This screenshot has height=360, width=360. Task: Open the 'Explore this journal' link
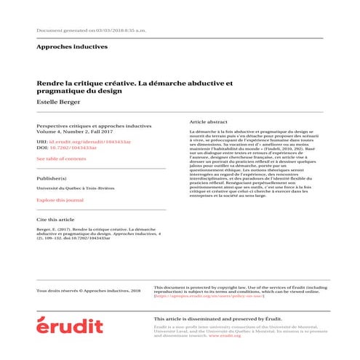click(60, 199)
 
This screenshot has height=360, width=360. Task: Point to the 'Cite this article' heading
click(55, 218)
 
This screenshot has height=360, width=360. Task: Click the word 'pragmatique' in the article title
click(60, 92)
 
